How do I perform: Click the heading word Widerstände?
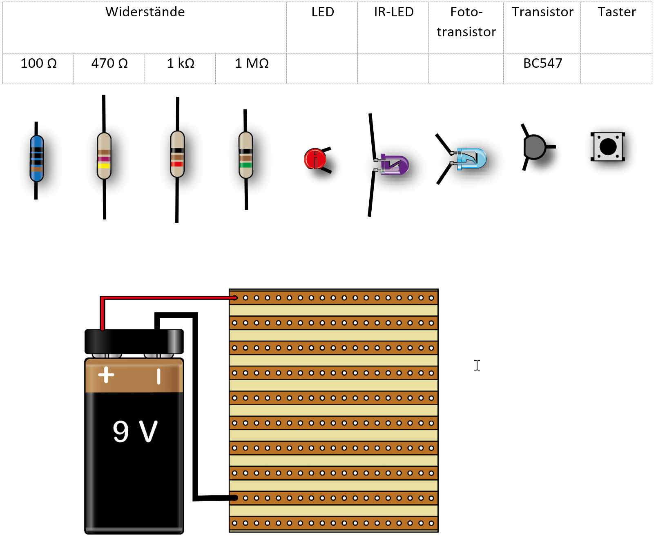[145, 12]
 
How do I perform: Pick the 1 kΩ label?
[181, 63]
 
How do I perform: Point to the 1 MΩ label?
[252, 63]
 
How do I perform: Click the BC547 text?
[542, 63]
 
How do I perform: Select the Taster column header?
[617, 12]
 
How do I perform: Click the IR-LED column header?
[394, 12]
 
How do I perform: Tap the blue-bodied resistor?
[36, 158]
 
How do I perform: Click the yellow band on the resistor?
[104, 166]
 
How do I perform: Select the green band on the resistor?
[246, 165]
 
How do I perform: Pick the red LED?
[315, 159]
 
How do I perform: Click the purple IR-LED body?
[395, 164]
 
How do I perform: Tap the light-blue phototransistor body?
[471, 158]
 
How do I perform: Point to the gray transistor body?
[534, 147]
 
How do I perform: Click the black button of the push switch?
[608, 146]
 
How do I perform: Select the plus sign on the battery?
[106, 375]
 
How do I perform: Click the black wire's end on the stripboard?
[235, 498]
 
